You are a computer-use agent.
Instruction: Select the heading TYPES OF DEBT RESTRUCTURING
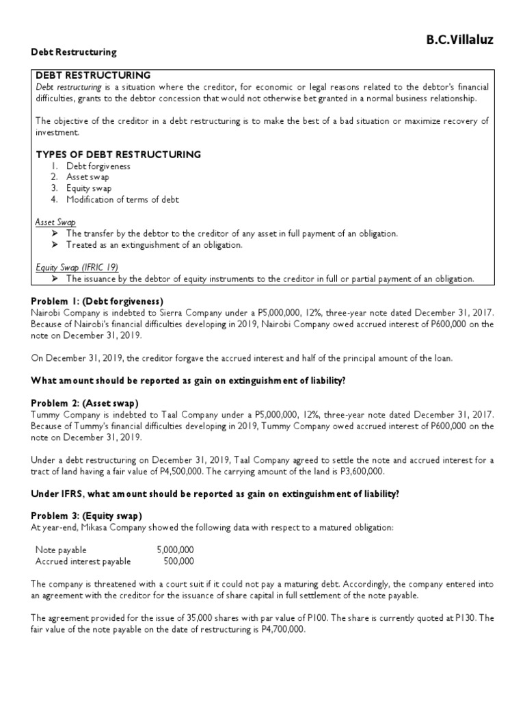118,155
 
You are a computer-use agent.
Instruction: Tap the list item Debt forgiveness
98,166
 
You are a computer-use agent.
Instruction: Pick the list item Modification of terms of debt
122,199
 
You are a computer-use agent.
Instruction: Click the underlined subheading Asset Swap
55,222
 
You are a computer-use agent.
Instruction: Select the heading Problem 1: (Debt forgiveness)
97,301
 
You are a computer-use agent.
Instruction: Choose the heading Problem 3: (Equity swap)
90,515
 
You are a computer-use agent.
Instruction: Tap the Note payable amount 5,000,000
175,550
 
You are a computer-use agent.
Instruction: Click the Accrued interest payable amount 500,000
179,561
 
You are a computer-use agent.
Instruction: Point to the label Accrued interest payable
83,561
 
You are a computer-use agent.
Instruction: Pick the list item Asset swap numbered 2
89,177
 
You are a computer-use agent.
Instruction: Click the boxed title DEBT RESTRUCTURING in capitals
93,75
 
